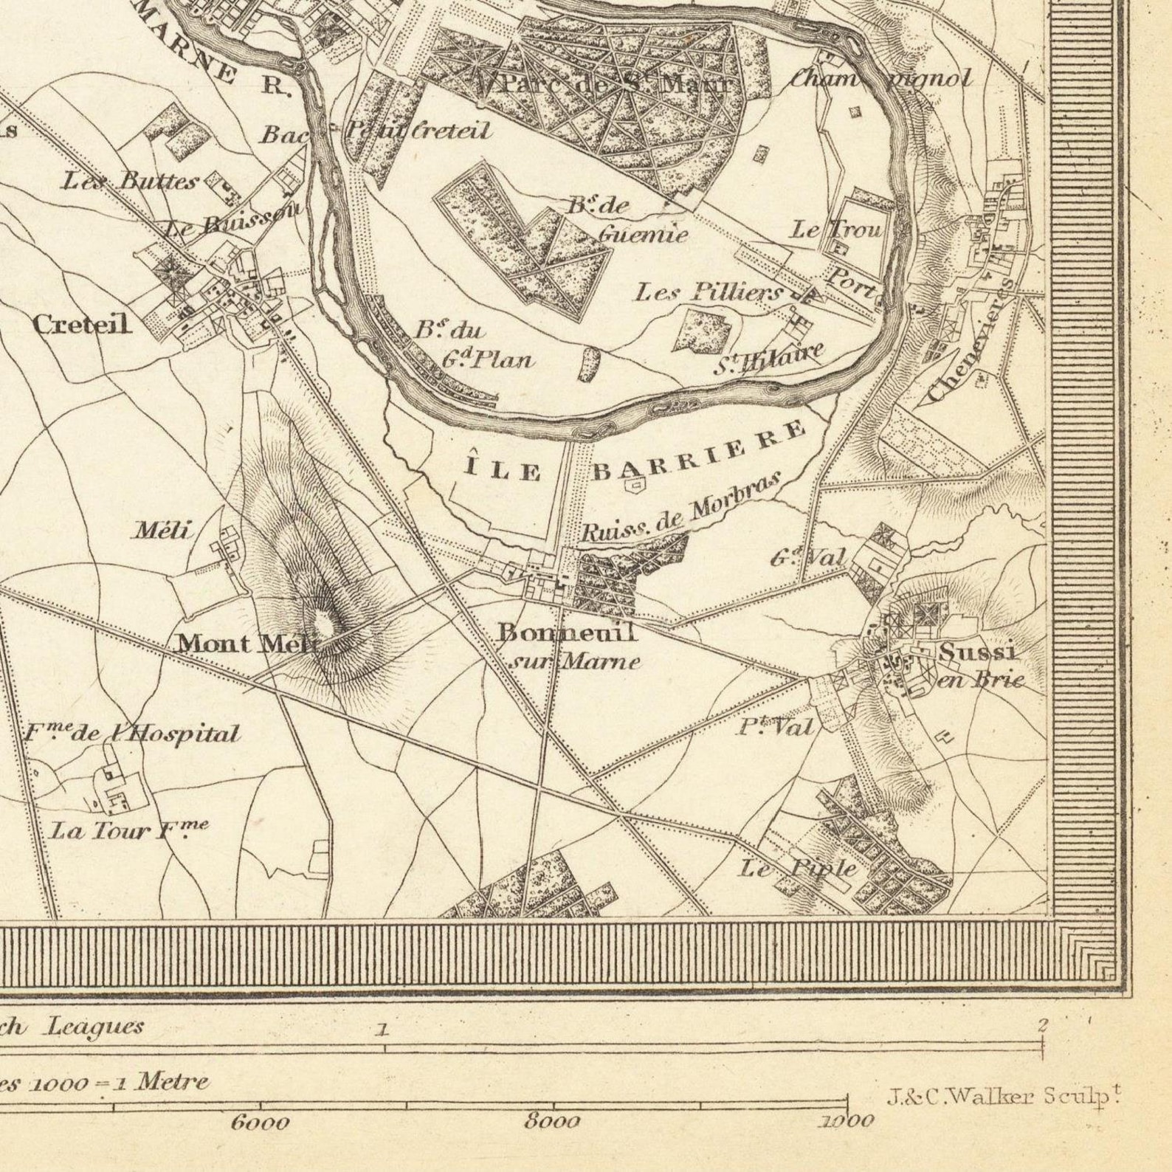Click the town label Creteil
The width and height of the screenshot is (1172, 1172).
pyautogui.click(x=82, y=324)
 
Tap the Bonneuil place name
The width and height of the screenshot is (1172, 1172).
pyautogui.click(x=566, y=632)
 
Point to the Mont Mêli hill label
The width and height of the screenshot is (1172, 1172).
pyautogui.click(x=246, y=644)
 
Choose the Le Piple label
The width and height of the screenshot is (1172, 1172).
pyautogui.click(x=798, y=869)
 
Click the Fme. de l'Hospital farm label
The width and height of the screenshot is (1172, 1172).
pyautogui.click(x=132, y=734)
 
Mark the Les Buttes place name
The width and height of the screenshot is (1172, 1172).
pyautogui.click(x=130, y=180)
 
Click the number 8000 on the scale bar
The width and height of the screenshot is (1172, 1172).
pyautogui.click(x=551, y=1122)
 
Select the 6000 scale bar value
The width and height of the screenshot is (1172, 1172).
pyautogui.click(x=260, y=1123)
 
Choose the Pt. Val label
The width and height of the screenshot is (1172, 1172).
pyautogui.click(x=775, y=728)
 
